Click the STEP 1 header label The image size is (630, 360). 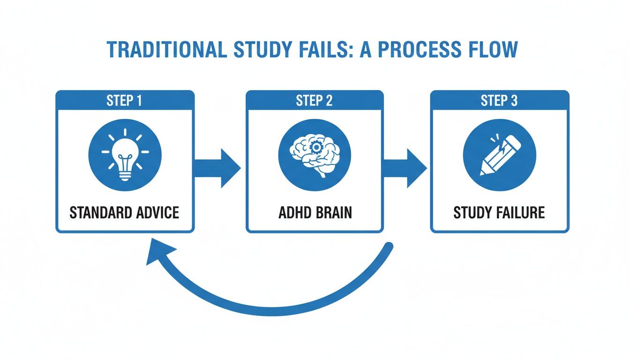point(125,101)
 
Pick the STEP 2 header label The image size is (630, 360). point(315,101)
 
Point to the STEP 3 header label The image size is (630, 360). point(499,101)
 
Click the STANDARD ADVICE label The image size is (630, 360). point(125,212)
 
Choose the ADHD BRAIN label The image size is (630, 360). point(315,212)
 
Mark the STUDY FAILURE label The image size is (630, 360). point(499,212)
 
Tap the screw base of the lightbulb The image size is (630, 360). point(125,175)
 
